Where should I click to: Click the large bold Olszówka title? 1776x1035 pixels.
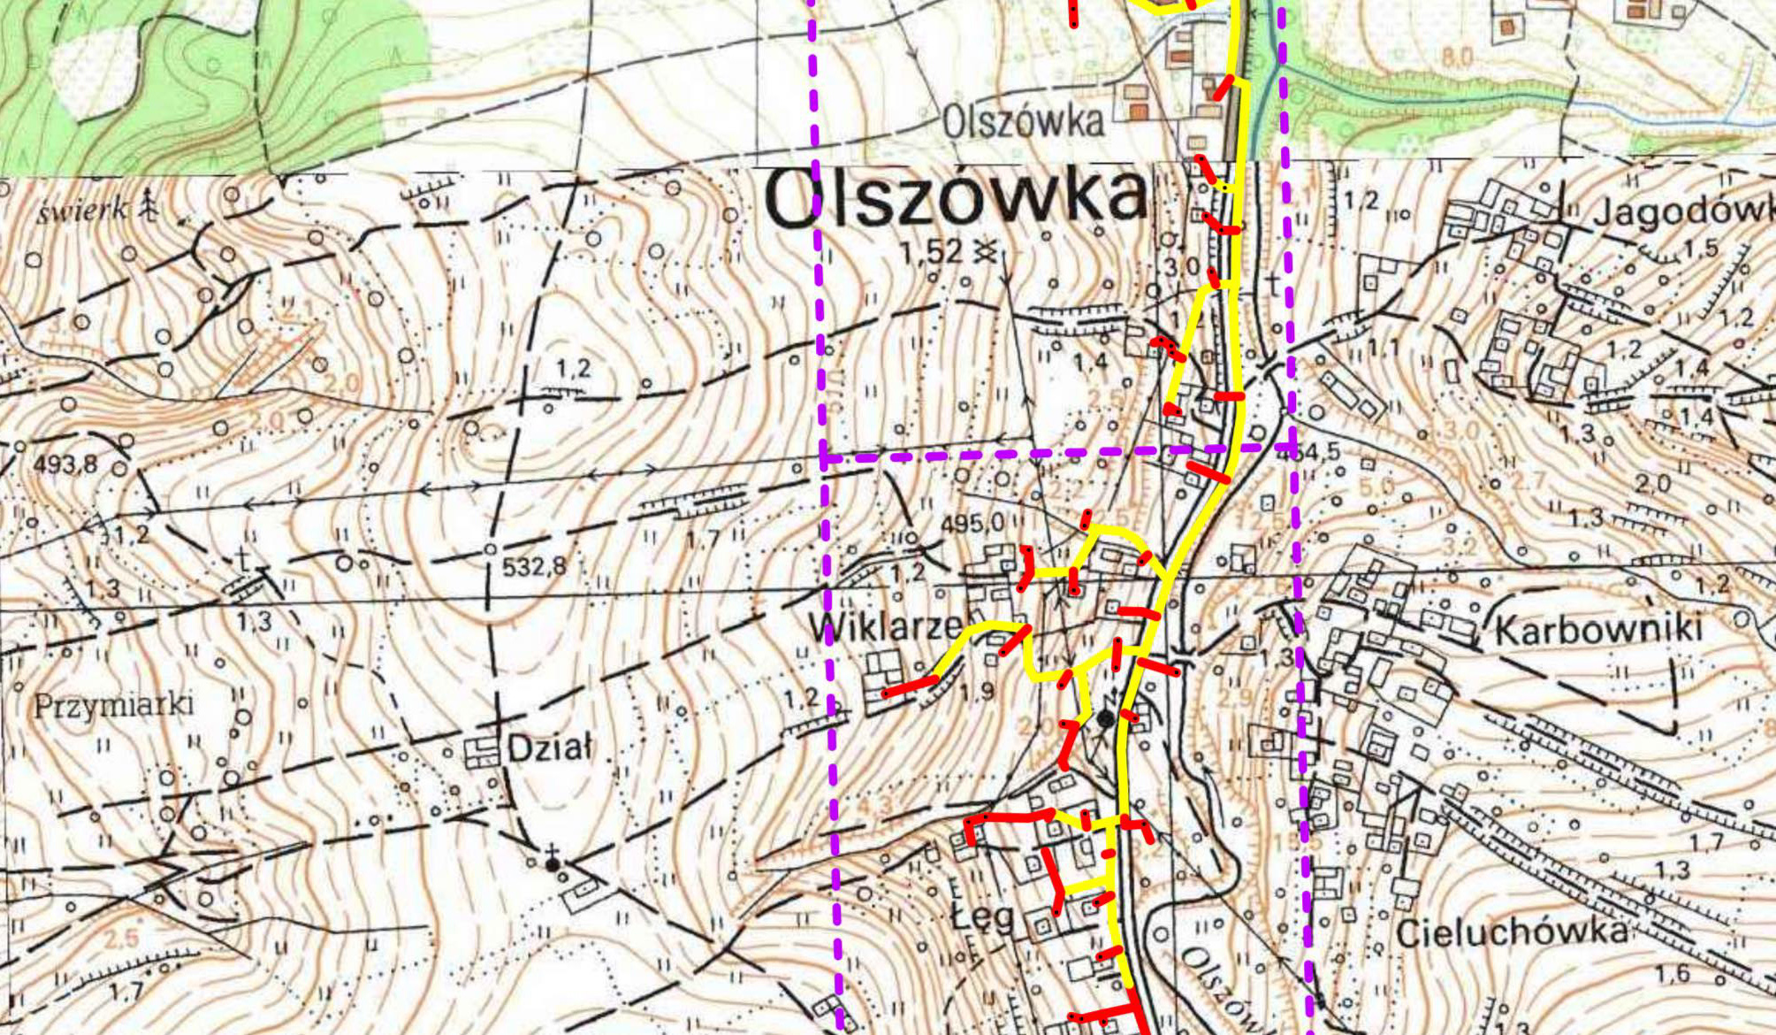click(957, 197)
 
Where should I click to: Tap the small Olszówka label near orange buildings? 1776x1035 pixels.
click(1024, 122)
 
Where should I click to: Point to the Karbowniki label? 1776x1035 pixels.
click(1598, 631)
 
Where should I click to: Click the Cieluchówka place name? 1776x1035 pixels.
click(1512, 932)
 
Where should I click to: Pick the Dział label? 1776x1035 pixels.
click(548, 750)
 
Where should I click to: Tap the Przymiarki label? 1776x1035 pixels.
click(113, 706)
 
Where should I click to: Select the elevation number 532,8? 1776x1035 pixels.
click(533, 566)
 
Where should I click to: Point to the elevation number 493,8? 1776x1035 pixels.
click(66, 464)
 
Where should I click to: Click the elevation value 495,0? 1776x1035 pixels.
click(972, 524)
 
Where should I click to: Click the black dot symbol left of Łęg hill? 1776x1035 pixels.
click(553, 864)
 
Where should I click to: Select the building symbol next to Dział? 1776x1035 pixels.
click(484, 752)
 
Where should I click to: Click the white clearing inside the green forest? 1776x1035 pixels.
click(93, 71)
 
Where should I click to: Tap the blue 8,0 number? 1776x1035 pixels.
click(1457, 59)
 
